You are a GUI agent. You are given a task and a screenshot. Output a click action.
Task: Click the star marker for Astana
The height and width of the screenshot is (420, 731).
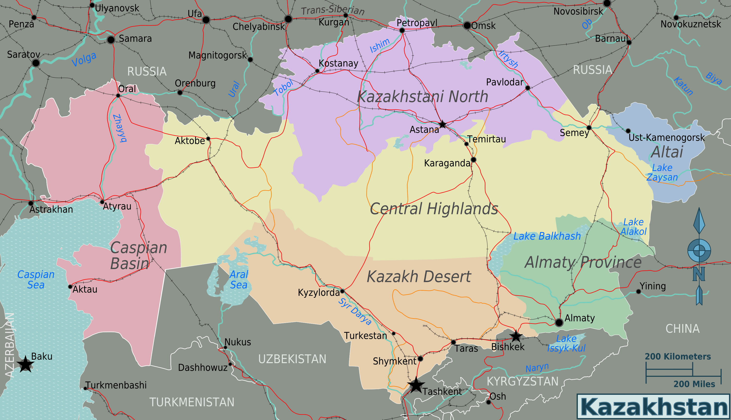442,124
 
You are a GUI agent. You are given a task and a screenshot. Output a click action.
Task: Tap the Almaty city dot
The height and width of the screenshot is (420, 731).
559,323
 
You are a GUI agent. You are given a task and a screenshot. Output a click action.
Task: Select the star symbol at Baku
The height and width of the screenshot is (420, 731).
25,364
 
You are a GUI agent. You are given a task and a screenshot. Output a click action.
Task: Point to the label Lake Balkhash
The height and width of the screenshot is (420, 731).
547,236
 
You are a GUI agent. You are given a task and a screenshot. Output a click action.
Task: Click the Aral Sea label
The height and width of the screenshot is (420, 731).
239,280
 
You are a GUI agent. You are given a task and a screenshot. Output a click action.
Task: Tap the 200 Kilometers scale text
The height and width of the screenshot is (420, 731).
678,357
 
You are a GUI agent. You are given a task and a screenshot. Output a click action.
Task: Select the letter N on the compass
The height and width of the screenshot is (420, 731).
699,274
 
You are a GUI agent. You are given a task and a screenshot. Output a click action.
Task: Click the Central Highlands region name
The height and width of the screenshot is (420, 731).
434,209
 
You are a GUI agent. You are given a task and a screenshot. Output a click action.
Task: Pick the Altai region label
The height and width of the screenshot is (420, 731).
667,152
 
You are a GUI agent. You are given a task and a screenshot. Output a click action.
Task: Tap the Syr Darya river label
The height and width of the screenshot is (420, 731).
355,312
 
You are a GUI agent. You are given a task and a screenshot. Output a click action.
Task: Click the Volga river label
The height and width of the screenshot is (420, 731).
84,59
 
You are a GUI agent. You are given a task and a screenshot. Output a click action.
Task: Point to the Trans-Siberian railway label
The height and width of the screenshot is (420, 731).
333,10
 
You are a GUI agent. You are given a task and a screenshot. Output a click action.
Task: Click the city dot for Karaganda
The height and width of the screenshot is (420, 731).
473,159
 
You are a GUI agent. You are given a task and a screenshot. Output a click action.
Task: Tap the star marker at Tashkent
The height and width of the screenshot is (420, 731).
416,385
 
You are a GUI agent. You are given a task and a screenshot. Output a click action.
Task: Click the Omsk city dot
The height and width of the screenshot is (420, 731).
467,25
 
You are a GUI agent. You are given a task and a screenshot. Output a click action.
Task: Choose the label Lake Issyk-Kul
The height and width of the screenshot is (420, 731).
566,343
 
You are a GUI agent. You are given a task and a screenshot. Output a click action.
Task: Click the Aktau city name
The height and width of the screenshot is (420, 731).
85,289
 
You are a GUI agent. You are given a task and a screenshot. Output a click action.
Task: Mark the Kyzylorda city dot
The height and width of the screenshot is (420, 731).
342,291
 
